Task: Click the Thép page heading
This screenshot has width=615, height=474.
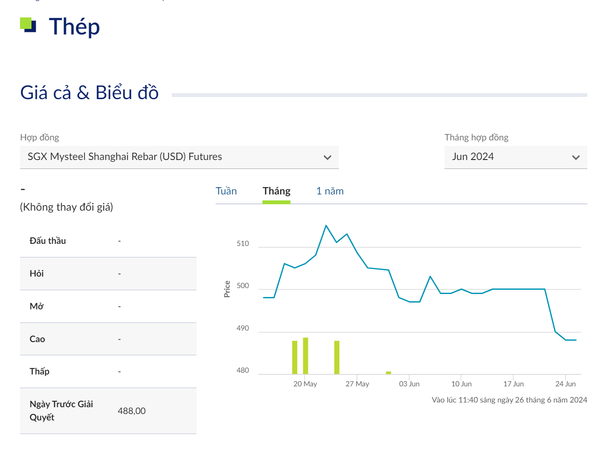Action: (74, 27)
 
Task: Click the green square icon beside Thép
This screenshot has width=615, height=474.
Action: (28, 25)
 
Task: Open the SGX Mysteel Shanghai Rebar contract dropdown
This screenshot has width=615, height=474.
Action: (179, 157)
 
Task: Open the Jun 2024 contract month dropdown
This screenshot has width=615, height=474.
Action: (515, 157)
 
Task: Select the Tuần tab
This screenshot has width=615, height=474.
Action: (226, 191)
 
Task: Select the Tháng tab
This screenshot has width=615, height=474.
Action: (276, 191)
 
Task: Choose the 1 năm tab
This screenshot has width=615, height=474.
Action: (330, 191)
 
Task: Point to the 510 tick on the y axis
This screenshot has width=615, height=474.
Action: (243, 244)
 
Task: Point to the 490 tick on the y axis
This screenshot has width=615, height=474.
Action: (243, 328)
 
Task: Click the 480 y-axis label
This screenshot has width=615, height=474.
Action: (243, 370)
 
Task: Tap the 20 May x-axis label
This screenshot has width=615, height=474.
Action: (305, 384)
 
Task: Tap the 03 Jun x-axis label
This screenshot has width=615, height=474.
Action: (409, 384)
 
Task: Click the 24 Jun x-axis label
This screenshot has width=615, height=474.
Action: (565, 384)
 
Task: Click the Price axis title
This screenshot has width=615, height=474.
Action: (227, 289)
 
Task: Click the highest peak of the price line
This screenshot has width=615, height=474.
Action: (326, 226)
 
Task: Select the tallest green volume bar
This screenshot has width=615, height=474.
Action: (305, 356)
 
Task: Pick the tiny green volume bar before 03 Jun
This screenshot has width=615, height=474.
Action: (388, 373)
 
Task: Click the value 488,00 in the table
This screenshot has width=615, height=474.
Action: (131, 411)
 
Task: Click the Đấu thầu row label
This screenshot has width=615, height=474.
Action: (48, 241)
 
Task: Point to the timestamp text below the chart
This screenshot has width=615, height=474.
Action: (509, 400)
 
